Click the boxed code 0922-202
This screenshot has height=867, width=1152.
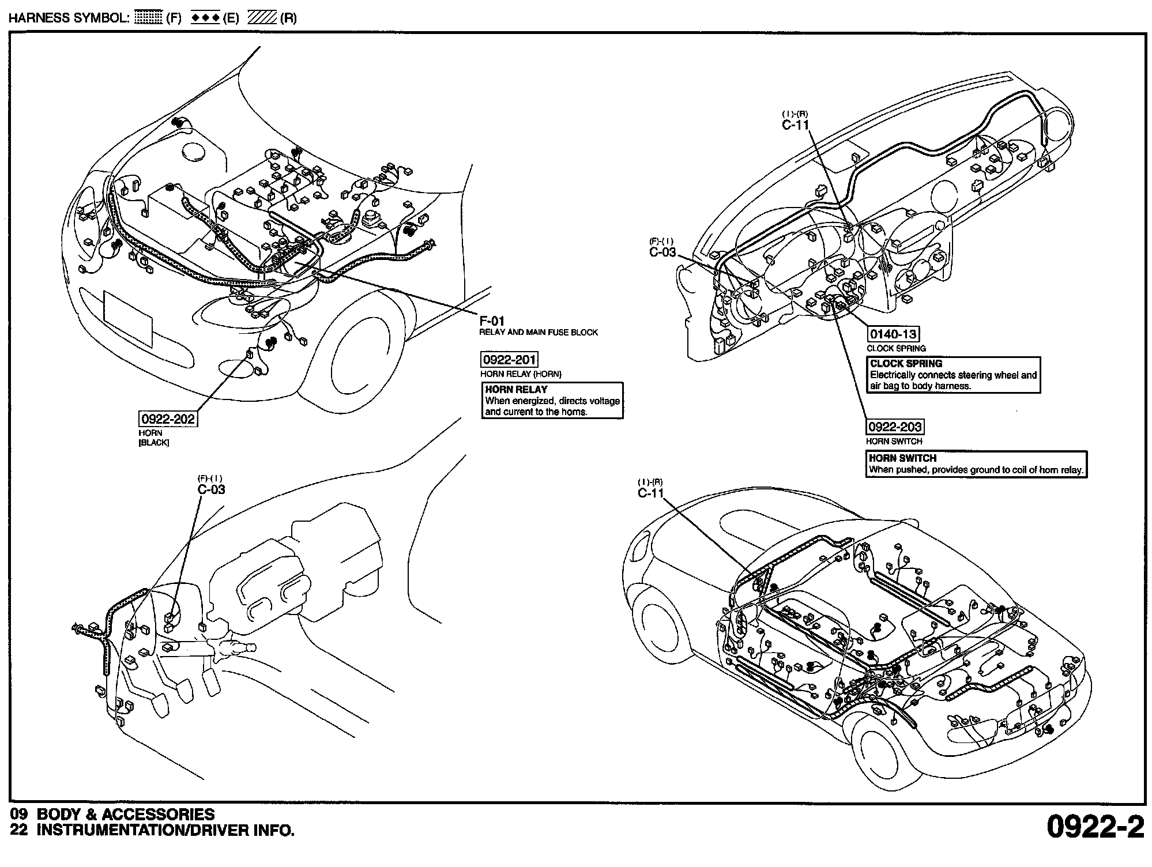coord(168,419)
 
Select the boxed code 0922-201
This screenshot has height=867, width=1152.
coord(509,360)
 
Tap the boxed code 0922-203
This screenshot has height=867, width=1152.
coord(895,427)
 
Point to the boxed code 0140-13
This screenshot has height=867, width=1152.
coord(894,334)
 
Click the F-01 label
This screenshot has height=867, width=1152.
coord(492,321)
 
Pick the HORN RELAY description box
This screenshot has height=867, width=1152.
coord(552,401)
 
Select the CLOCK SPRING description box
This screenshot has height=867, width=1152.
coord(954,375)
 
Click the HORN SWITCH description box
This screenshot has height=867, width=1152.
coord(977,464)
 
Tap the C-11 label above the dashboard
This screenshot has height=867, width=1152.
coord(796,125)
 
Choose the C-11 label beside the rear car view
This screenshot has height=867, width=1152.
coord(651,493)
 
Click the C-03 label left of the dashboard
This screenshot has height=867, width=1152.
coord(662,252)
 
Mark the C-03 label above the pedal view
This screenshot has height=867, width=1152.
coord(211,489)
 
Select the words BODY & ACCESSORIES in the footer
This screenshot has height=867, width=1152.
coord(126,814)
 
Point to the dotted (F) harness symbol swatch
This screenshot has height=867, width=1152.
coord(148,18)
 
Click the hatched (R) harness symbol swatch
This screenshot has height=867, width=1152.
coord(262,18)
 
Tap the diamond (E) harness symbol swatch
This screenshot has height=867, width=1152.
coord(206,18)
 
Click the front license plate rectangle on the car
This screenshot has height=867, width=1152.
coord(128,318)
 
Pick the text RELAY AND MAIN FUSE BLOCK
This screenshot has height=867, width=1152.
coord(539,333)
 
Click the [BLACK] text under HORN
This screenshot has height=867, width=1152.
coord(154,443)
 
